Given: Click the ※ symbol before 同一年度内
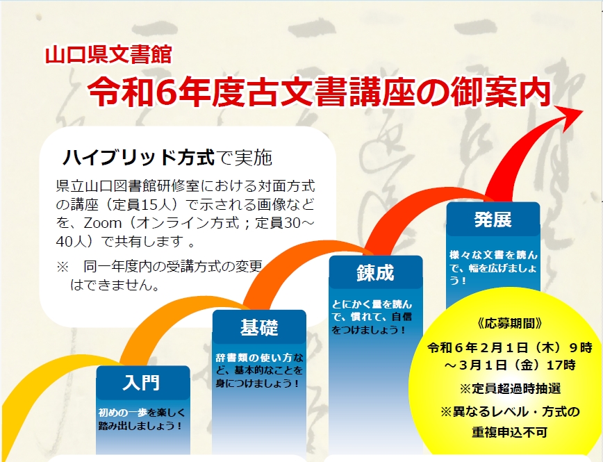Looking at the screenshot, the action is (x=64, y=266).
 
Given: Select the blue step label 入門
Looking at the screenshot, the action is (x=142, y=382).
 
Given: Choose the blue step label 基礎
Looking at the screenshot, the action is (x=258, y=327).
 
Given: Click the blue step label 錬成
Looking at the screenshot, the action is (x=375, y=273).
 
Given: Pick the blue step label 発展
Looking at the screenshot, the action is (x=493, y=220).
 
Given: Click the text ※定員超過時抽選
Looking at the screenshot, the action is (x=510, y=388).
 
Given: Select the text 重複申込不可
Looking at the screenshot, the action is (x=510, y=431).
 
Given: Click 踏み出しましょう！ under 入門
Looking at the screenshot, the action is (x=140, y=426).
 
